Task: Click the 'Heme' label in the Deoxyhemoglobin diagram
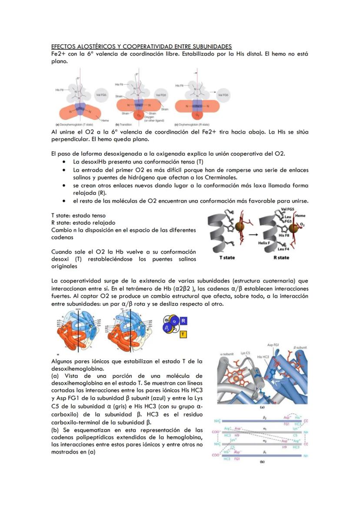pos(105,120)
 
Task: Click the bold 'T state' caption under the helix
pos(227,257)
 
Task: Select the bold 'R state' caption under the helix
pos(281,257)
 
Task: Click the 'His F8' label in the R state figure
pos(284,235)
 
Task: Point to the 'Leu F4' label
pos(284,249)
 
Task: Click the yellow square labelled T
pos(183,334)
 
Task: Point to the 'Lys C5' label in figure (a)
pos(246,353)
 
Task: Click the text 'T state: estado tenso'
pos(78,215)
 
